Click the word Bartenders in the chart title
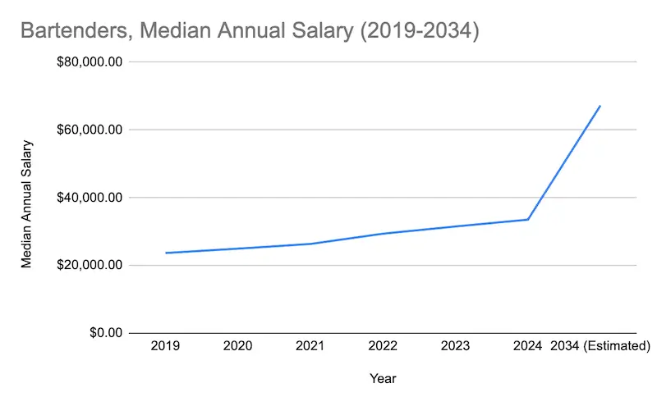pos(71,31)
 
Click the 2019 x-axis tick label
pos(166,346)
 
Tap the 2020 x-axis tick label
pos(238,346)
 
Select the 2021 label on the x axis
pos(310,346)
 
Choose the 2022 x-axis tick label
pos(383,346)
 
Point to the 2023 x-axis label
pos(455,346)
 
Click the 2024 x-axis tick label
pos(527,346)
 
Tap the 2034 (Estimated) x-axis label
pos(600,346)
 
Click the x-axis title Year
pos(383,379)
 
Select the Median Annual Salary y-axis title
pos(26,204)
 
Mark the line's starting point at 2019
pos(166,253)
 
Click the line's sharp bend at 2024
pos(527,219)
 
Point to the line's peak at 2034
pos(600,106)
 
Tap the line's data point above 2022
pos(383,234)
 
